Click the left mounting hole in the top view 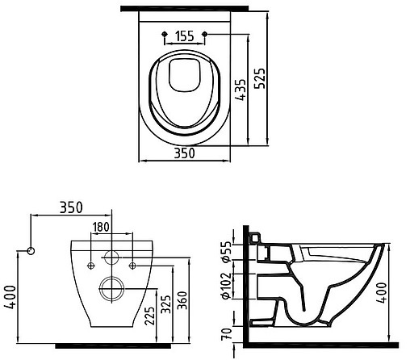coord(165,33)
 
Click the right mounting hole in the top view coord(206,33)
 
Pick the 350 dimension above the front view coord(72,207)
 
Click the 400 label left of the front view coord(9,295)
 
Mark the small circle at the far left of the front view coord(31,250)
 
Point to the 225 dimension coord(149,313)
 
